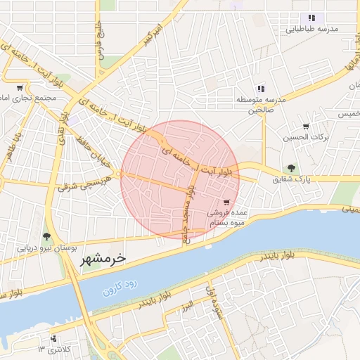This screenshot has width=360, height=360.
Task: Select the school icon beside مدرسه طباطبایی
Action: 311,18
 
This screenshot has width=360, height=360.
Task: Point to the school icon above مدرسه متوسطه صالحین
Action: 261,89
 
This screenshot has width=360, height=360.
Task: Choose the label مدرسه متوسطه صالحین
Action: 260,105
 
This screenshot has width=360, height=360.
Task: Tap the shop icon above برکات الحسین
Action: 306,127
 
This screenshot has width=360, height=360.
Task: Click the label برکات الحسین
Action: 306,138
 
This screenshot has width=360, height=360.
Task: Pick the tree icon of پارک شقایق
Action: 291,169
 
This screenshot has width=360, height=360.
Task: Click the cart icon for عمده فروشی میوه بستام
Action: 226,201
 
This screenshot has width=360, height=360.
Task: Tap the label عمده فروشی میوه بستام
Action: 226,217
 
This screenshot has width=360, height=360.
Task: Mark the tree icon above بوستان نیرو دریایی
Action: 46,237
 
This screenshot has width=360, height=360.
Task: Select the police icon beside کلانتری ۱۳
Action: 55,339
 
